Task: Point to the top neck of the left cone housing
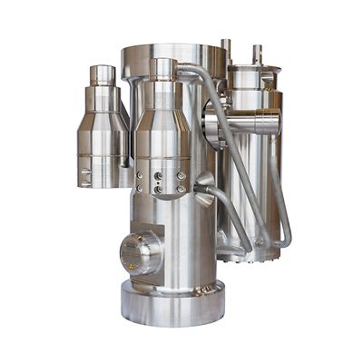click(x=103, y=74)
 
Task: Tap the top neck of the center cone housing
click(x=163, y=69)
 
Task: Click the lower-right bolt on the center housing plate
click(x=181, y=189)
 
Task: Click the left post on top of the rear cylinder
click(x=226, y=49)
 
